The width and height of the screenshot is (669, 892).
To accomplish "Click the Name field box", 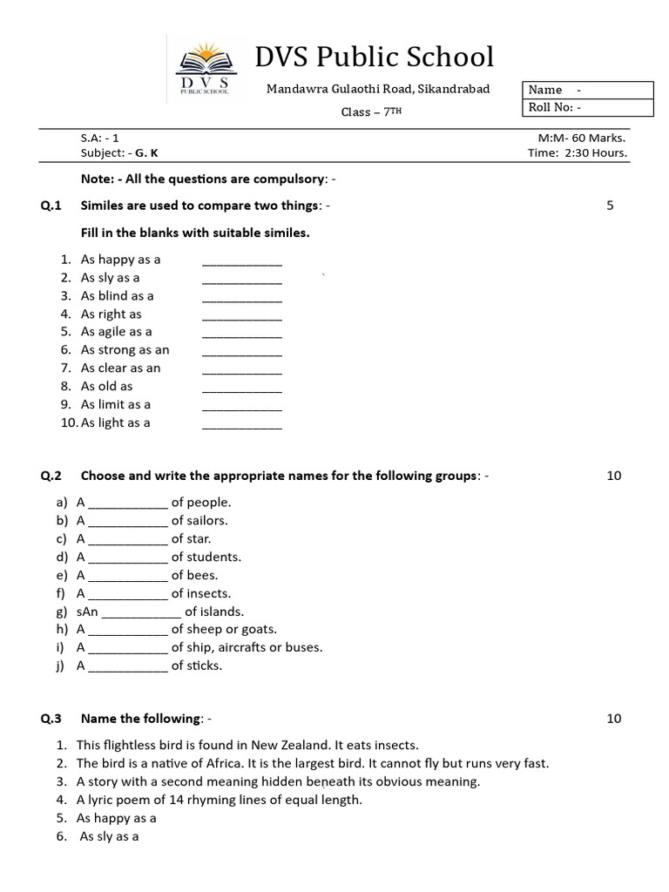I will pos(588,90).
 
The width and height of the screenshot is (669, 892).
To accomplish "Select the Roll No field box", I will pos(588,108).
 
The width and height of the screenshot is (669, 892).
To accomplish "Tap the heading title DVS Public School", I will pos(374,57).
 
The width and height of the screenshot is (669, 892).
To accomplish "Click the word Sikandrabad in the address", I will pos(454,89).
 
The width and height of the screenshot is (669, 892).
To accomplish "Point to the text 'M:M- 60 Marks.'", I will pos(583,137).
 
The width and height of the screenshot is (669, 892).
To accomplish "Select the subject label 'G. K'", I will pos(147,152).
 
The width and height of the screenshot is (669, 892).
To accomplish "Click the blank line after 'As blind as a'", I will pos(242,297).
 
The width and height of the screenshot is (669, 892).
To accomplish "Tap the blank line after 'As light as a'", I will pos(242,424).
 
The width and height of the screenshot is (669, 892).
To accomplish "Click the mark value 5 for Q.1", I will pos(610,206).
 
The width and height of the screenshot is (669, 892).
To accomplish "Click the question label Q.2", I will pos(51,476).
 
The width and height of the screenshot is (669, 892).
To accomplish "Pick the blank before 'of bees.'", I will pos(128,577).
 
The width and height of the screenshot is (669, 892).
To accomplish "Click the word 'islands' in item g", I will pos(222,612).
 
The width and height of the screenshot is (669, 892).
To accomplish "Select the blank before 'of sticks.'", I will pos(128,667).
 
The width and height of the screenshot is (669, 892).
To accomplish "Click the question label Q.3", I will pos(51,719).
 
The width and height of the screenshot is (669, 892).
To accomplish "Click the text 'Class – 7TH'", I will pos(371,112).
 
